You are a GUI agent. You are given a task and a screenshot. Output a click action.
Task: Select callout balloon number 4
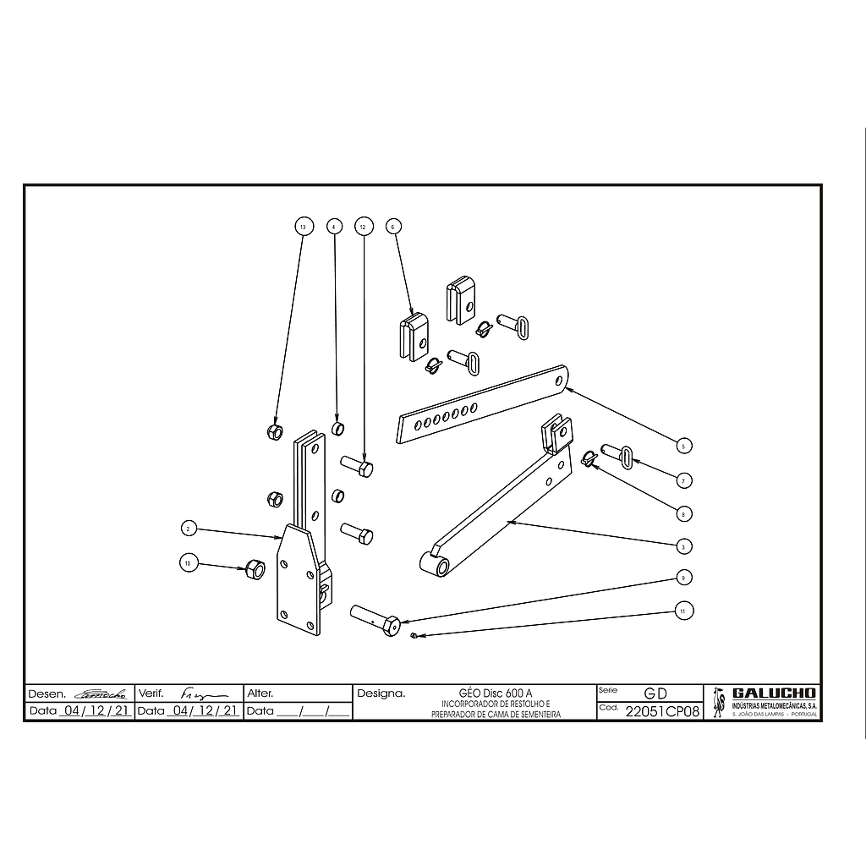[334, 227]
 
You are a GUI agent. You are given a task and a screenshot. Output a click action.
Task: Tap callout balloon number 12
[364, 227]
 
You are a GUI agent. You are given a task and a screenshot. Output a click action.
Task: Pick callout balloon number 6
[392, 227]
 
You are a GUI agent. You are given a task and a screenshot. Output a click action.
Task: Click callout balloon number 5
[683, 445]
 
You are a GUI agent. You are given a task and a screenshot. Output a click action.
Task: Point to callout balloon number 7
[683, 480]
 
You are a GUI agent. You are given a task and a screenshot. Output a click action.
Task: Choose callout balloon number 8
[683, 512]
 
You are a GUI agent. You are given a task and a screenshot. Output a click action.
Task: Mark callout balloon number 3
[683, 545]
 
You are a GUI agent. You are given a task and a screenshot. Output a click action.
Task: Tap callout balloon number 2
[189, 529]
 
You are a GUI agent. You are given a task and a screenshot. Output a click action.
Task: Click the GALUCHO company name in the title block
[774, 693]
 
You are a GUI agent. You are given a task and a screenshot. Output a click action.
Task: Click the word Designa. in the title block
[381, 693]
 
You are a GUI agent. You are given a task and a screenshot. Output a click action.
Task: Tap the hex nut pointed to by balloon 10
[254, 569]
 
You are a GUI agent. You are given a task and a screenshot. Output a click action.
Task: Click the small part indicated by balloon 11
[412, 635]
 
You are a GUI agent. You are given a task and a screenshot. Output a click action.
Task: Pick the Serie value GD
[655, 693]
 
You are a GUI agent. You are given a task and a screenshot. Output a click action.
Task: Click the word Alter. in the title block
[260, 693]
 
